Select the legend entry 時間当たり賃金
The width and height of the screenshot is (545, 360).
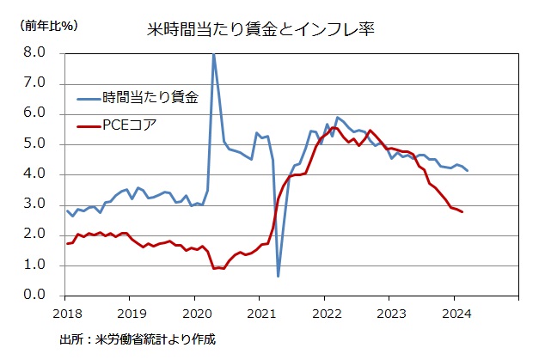coord(150,97)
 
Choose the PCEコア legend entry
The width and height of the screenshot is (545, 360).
coord(129,125)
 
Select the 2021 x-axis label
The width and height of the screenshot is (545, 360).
coord(260,313)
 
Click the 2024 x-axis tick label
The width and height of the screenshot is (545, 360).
coord(455,313)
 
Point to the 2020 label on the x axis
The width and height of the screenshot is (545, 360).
coord(195,313)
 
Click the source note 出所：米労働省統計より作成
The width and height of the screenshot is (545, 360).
coord(138,339)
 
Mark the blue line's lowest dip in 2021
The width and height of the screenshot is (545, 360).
coord(278,276)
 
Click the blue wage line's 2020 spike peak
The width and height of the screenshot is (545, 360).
coord(213,54)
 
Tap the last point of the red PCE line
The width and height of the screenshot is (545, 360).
coord(462,211)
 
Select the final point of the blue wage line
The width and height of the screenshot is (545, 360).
coord(468,171)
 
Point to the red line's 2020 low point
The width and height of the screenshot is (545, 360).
coord(214,268)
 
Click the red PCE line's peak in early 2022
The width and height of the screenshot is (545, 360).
coord(334,127)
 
